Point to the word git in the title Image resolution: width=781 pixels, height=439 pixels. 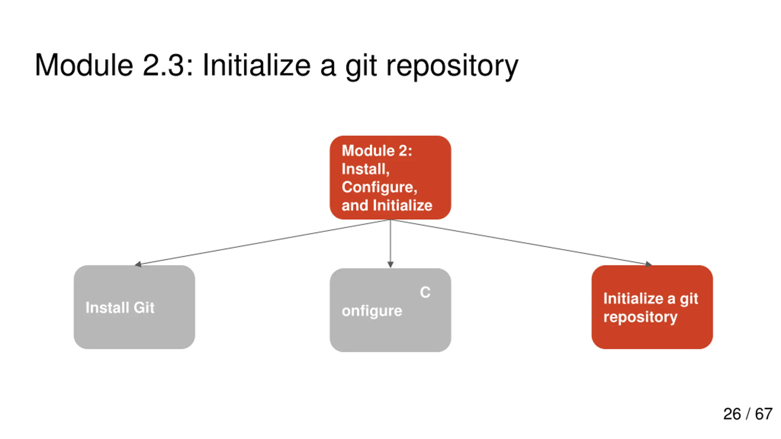click(x=361, y=67)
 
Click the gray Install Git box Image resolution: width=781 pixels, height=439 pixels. click(x=134, y=307)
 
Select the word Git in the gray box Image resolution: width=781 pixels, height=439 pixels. click(x=144, y=307)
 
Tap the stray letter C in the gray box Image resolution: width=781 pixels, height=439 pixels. click(x=425, y=292)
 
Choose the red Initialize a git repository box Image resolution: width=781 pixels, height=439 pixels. click(x=652, y=307)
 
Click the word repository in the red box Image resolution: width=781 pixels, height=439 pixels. click(x=640, y=318)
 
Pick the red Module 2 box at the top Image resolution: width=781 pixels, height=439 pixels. click(x=390, y=177)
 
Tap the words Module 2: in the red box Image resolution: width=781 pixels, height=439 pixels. click(x=377, y=151)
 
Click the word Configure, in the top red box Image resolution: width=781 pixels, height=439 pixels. click(x=379, y=187)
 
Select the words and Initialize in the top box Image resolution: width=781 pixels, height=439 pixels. click(x=387, y=205)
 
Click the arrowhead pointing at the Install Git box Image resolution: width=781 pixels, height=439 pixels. click(x=138, y=264)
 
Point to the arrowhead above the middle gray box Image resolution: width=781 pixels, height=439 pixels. click(x=390, y=264)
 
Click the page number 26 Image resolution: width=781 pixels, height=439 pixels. click(x=732, y=414)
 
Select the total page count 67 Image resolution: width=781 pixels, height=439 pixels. click(x=764, y=414)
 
